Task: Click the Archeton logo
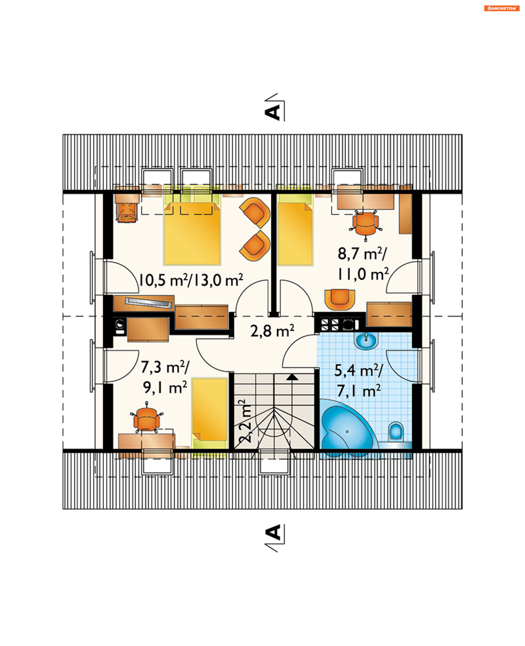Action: (501, 8)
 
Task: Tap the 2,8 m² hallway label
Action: (272, 331)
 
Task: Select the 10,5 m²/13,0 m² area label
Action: (191, 280)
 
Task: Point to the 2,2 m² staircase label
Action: (245, 421)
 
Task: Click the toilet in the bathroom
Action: (396, 432)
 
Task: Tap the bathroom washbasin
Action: (366, 341)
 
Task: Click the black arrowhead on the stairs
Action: (292, 377)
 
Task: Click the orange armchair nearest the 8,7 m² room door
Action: (339, 299)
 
